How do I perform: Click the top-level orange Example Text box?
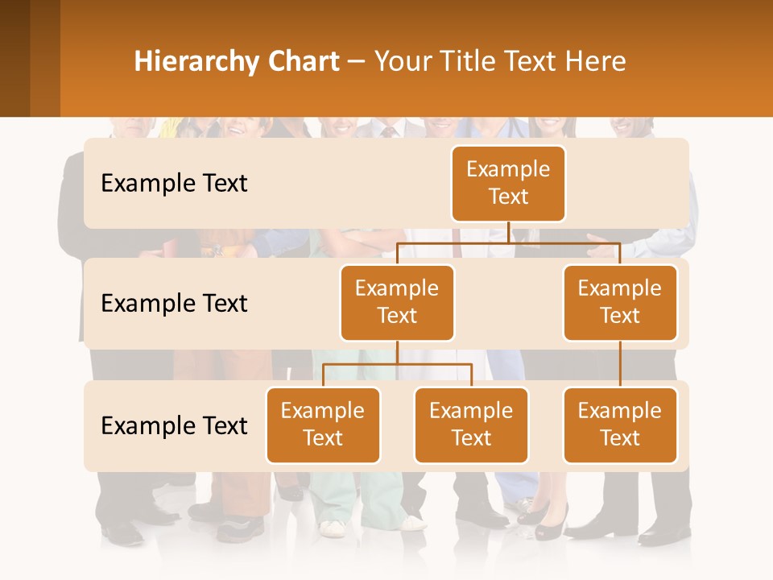[508, 183]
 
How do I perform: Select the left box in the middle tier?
[397, 302]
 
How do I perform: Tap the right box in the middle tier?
[620, 302]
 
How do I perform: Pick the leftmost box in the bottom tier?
[323, 425]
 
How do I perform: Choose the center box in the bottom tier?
[471, 425]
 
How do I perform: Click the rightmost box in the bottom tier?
[620, 425]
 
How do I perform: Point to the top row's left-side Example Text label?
[174, 184]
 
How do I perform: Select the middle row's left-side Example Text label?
[174, 304]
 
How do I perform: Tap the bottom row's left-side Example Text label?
[174, 426]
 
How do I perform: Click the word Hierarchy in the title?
[196, 61]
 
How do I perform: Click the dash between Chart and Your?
[357, 62]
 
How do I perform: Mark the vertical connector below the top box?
[508, 232]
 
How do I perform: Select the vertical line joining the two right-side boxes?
[620, 363]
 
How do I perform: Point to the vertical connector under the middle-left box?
[397, 352]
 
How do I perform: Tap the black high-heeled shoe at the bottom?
[550, 528]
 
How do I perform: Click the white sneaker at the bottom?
[332, 528]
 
